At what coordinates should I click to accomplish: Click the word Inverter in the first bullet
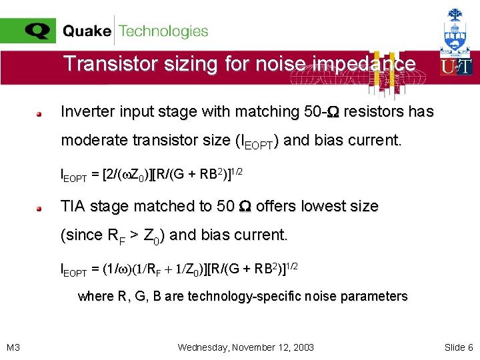[87, 111]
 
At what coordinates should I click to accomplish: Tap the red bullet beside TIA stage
[40, 207]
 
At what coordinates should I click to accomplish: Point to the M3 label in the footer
[13, 347]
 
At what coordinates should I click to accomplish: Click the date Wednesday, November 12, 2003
[246, 347]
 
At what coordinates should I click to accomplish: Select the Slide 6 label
[459, 347]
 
